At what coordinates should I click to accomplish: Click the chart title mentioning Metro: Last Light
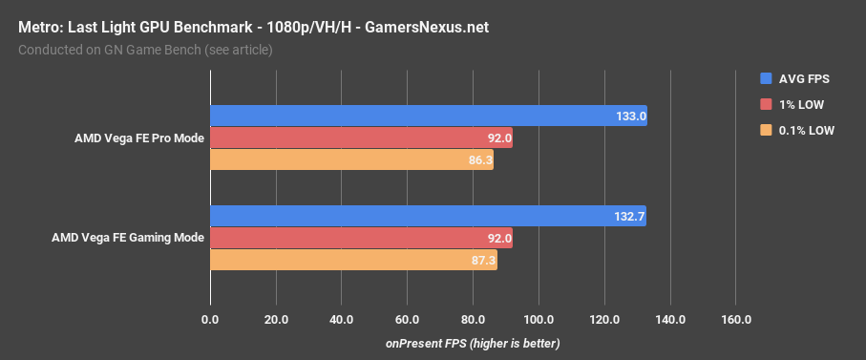tap(253, 27)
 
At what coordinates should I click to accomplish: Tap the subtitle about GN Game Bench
tap(145, 50)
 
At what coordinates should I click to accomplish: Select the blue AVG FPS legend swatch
tap(766, 77)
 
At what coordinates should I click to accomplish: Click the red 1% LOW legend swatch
tap(766, 104)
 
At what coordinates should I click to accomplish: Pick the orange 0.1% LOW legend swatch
tap(766, 131)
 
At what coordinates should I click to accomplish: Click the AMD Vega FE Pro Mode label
tap(139, 138)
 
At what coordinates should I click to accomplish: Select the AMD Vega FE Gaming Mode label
tap(128, 238)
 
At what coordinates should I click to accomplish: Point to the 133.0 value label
tap(630, 116)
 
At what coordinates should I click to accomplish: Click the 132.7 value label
tap(629, 216)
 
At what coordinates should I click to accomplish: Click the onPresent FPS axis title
tap(472, 343)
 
